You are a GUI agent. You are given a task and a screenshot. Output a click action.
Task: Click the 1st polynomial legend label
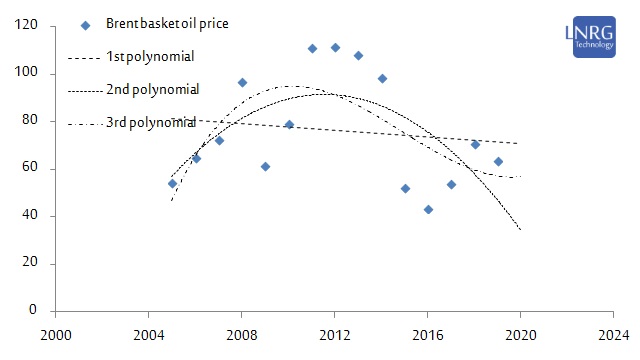pyautogui.click(x=150, y=57)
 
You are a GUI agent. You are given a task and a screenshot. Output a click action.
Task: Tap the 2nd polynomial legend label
pyautogui.click(x=153, y=90)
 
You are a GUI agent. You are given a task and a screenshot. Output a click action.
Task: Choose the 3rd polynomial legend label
pyautogui.click(x=153, y=122)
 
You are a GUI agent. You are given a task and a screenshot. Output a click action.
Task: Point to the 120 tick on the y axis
pyautogui.click(x=27, y=26)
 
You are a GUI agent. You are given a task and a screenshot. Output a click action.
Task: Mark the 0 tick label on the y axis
pyautogui.click(x=34, y=311)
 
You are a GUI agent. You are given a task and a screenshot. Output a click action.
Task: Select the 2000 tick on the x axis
pyautogui.click(x=56, y=335)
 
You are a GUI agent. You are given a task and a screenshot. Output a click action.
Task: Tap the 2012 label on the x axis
pyautogui.click(x=335, y=335)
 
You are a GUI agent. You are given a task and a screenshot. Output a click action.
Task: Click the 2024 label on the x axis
pyautogui.click(x=614, y=335)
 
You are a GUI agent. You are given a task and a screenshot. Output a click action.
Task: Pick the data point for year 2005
pyautogui.click(x=172, y=184)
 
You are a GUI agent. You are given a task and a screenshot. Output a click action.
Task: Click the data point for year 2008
pyautogui.click(x=242, y=82)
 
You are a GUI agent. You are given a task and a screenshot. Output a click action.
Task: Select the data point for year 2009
pyautogui.click(x=265, y=166)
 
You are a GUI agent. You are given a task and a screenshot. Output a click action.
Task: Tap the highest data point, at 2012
pyautogui.click(x=335, y=47)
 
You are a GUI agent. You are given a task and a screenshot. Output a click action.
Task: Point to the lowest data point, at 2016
pyautogui.click(x=428, y=209)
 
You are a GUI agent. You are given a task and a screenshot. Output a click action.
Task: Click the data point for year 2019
pyautogui.click(x=498, y=161)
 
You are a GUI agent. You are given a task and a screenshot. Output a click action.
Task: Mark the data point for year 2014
pyautogui.click(x=382, y=78)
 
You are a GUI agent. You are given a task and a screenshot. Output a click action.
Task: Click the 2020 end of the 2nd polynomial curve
pyautogui.click(x=520, y=229)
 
